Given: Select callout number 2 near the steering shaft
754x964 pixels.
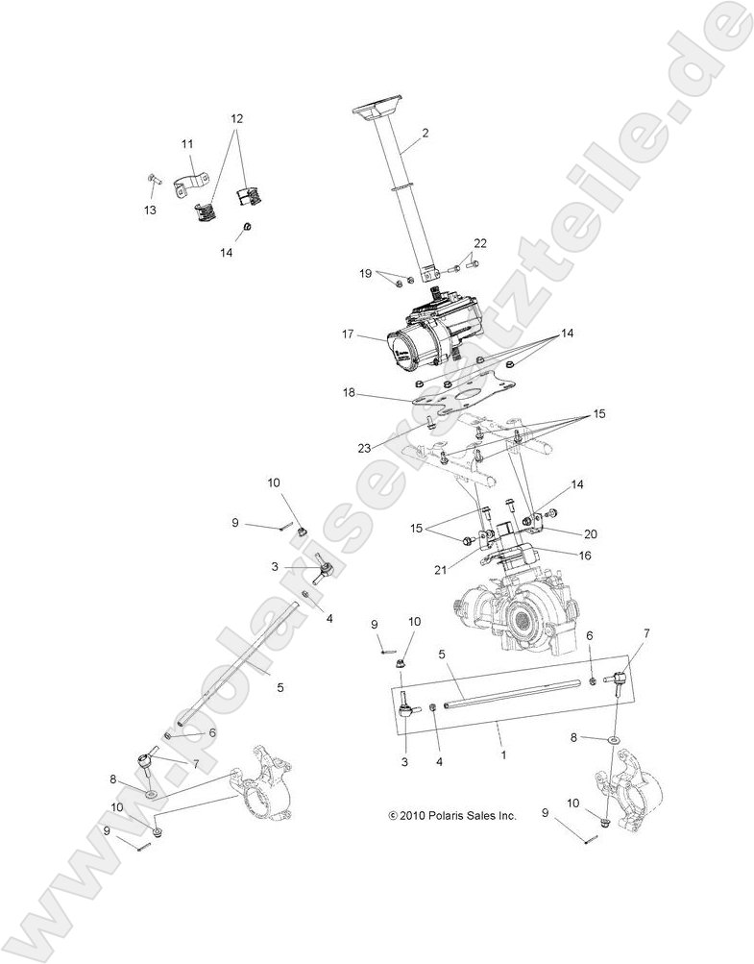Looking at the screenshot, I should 425,133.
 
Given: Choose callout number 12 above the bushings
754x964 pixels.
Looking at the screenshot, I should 236,119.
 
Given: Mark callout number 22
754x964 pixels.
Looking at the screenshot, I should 480,242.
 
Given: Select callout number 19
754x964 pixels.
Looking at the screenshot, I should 365,274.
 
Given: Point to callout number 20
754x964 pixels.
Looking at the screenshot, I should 590,533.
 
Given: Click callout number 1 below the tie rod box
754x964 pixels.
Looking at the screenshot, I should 502,755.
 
